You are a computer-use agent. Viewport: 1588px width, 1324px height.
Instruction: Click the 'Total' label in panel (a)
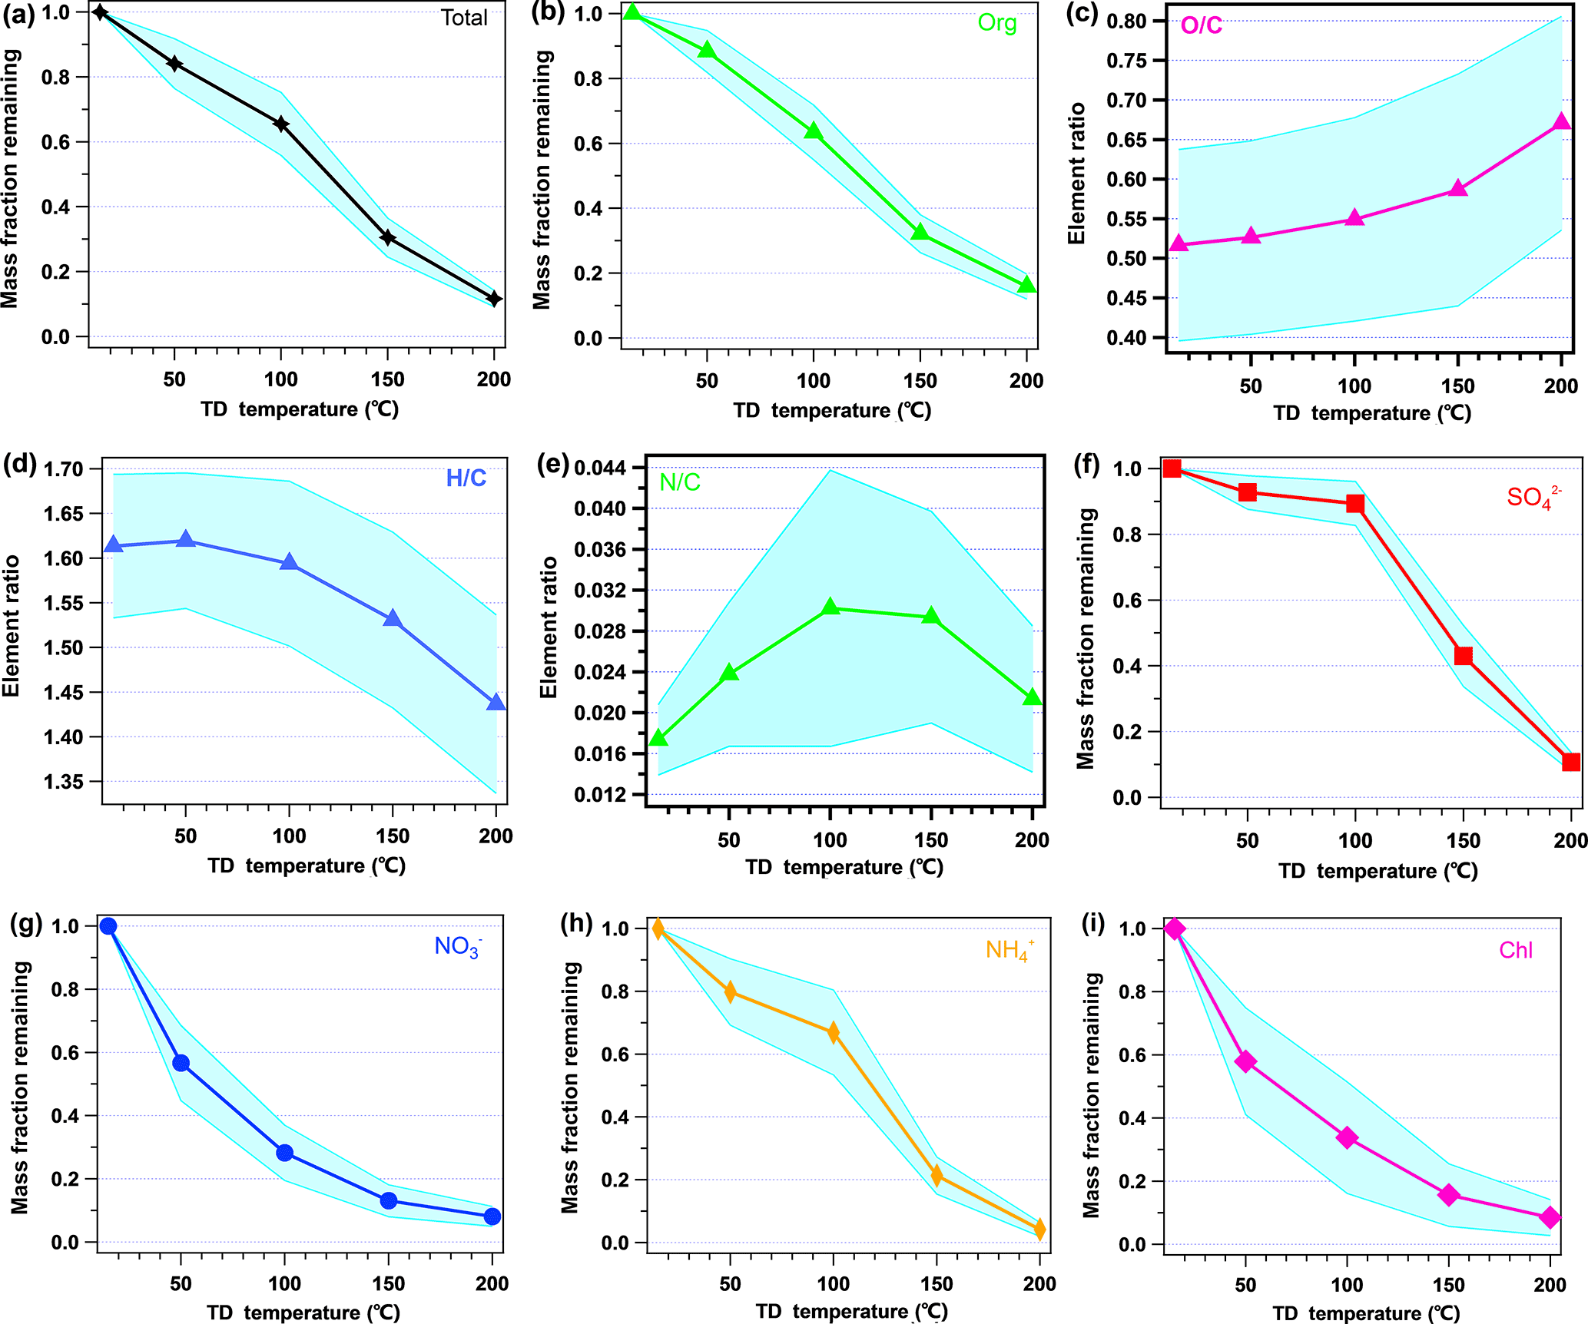click(x=464, y=18)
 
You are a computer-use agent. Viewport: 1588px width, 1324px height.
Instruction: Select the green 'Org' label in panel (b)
click(x=996, y=23)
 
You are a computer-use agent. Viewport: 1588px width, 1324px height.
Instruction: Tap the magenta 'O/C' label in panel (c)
click(x=1201, y=26)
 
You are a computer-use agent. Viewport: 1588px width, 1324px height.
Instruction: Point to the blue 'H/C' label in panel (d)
click(x=466, y=478)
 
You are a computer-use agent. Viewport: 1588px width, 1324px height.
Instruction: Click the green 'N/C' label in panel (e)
click(x=680, y=482)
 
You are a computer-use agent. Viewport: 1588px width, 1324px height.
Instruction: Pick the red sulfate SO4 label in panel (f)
click(x=1532, y=497)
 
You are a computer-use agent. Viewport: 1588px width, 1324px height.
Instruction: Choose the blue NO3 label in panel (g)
click(x=458, y=946)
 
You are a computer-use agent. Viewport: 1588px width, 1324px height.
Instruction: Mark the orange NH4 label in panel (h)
click(x=1008, y=950)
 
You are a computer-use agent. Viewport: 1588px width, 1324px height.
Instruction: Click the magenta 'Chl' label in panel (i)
click(x=1515, y=951)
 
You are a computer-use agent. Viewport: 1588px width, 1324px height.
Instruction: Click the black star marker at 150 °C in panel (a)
click(x=388, y=238)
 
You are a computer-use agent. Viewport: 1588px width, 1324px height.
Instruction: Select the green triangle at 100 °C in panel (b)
click(x=814, y=131)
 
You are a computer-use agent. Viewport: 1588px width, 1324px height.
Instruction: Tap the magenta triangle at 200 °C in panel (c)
click(x=1561, y=122)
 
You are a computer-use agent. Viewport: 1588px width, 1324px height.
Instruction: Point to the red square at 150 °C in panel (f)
click(x=1463, y=656)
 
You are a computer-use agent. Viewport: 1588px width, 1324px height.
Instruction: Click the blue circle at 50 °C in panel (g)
click(x=181, y=1063)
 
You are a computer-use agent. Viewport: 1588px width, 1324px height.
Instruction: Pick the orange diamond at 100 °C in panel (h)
click(x=834, y=1033)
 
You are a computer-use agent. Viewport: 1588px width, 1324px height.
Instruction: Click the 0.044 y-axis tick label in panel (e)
click(x=600, y=468)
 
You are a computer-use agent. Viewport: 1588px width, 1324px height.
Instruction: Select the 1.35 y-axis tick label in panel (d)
click(x=63, y=782)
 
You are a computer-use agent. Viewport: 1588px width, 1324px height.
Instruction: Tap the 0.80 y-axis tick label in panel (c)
click(x=1126, y=22)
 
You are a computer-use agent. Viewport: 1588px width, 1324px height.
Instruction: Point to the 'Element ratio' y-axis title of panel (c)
click(x=1077, y=174)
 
